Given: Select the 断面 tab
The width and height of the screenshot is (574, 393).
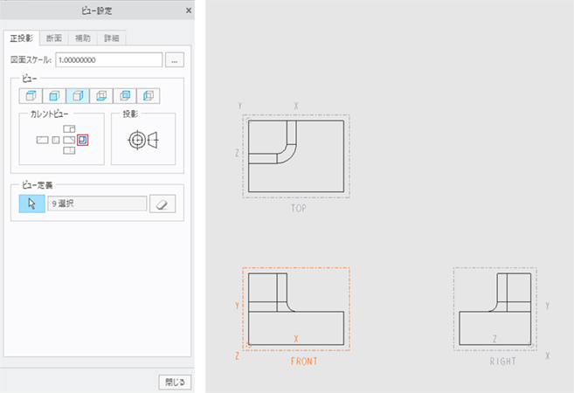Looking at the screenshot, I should point(54,38).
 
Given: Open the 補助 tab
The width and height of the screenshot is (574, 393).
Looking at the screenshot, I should point(83,38).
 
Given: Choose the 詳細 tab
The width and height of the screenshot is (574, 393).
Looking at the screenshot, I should point(112,38).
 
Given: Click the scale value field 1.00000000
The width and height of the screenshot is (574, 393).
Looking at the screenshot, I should point(108,60).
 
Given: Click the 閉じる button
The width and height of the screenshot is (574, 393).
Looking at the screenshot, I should point(171,381).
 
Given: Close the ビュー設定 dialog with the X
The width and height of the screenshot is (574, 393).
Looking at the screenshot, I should point(189,11).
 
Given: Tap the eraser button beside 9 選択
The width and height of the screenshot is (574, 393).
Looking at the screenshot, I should point(163,203).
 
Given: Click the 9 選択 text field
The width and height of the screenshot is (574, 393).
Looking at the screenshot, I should point(96,203).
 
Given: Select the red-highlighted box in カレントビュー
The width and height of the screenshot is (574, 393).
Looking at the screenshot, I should point(82,140).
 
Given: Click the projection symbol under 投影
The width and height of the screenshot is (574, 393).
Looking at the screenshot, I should point(143,140).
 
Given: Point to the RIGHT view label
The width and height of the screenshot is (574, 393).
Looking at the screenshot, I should point(502,360).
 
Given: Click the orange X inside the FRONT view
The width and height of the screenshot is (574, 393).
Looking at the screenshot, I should point(296,339).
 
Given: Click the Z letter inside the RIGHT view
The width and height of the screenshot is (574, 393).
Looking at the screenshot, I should point(494,339).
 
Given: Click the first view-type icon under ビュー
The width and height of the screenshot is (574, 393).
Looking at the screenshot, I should point(31,95).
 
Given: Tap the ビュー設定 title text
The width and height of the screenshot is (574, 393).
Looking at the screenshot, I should point(95,11).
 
